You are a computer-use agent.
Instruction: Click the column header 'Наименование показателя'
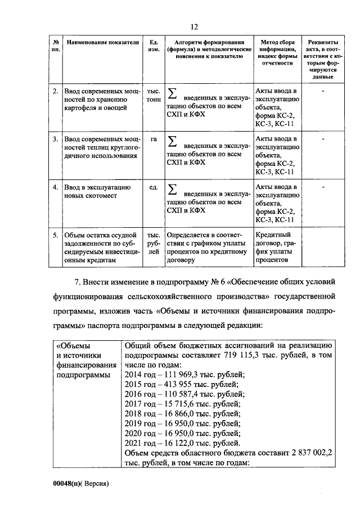pyautogui.click(x=102, y=43)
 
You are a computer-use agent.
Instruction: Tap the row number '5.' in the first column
pyautogui.click(x=55, y=235)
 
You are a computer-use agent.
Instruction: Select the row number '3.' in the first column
pyautogui.click(x=55, y=138)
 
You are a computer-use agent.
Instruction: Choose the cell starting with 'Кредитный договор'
pyautogui.click(x=274, y=247)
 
